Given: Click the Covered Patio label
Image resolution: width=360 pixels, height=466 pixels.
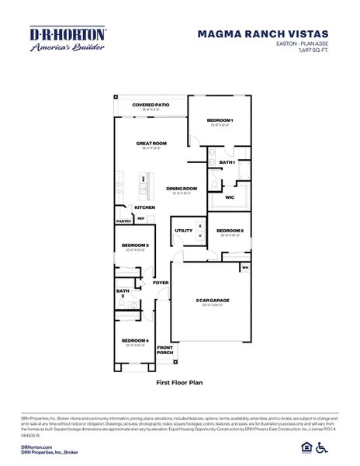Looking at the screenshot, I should click(x=150, y=104).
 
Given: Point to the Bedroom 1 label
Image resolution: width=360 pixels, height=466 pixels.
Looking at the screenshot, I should click(x=220, y=120).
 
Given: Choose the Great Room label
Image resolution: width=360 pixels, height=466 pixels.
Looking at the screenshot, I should click(x=151, y=143).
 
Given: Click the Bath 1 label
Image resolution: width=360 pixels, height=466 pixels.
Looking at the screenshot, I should click(x=227, y=162).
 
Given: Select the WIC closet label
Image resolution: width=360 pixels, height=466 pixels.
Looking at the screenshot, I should click(x=230, y=197).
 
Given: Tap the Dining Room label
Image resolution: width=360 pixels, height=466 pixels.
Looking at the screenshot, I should click(x=181, y=188).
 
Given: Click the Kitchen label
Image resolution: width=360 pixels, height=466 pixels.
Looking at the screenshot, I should click(x=145, y=207).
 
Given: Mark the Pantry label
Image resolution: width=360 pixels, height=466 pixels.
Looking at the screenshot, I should click(x=123, y=221).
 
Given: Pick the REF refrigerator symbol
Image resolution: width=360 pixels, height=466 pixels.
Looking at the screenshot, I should click(x=141, y=219).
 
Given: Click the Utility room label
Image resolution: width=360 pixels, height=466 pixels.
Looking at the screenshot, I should click(x=183, y=231).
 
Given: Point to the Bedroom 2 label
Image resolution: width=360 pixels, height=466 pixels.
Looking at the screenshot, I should click(x=230, y=231).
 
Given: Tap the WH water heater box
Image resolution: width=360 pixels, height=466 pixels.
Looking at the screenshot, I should click(x=245, y=268).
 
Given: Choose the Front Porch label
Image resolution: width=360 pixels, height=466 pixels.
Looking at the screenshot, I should click(x=164, y=349).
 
